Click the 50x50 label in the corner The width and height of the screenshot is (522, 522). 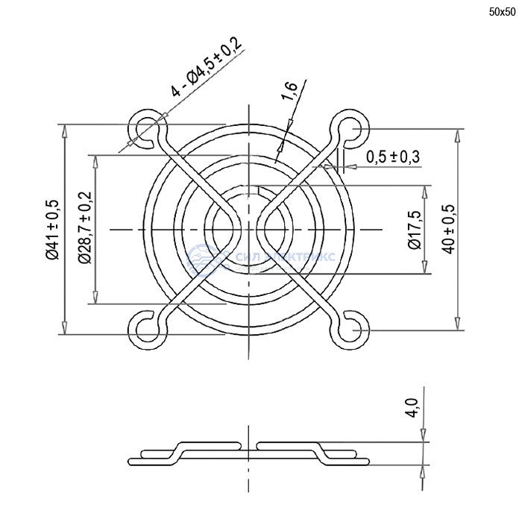tap(502, 13)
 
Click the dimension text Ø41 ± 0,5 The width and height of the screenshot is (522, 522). tap(53, 230)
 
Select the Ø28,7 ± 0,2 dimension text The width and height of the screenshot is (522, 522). tap(84, 227)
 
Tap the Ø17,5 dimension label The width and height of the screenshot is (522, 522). tap(415, 230)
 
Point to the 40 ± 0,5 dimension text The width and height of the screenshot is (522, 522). tap(449, 230)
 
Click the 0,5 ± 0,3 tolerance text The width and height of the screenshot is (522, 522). tap(393, 157)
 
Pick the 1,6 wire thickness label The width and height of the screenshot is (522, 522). tap(289, 91)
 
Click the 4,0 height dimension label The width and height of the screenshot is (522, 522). tap(412, 408)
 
